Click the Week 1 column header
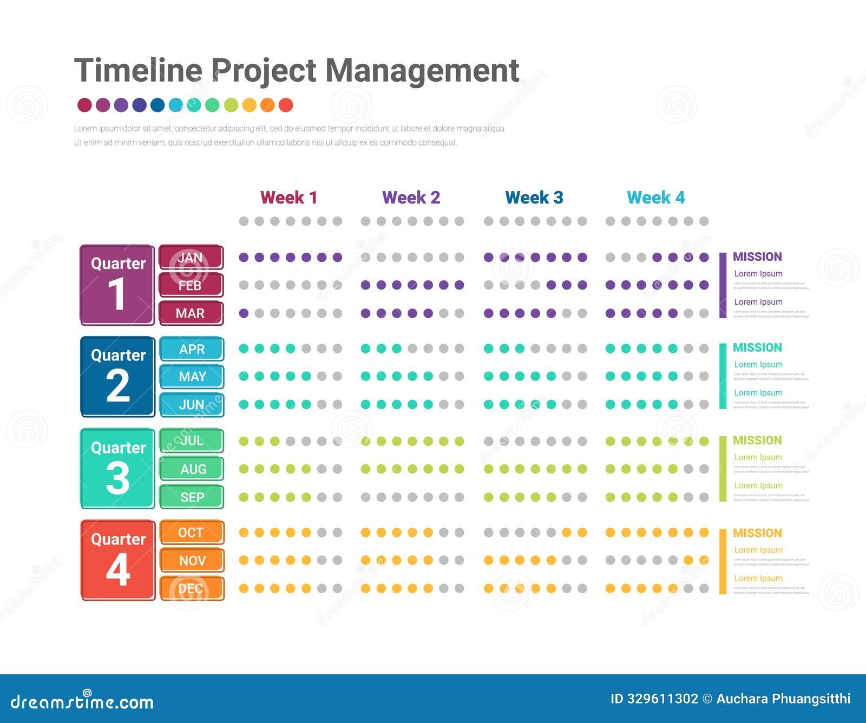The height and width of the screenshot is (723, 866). tap(288, 198)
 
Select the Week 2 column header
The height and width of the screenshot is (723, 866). tap(411, 198)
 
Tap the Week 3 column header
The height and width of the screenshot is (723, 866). tap(534, 198)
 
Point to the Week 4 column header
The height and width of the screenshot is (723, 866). tap(655, 198)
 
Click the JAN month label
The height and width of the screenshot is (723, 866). tap(191, 258)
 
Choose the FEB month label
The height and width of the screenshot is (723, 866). tap(191, 285)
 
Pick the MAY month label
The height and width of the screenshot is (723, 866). tap(192, 377)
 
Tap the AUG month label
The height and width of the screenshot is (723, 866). tap(192, 469)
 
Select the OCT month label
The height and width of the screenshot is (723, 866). tap(192, 533)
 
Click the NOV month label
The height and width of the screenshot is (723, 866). tap(192, 561)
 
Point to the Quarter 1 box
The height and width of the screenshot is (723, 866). tap(117, 285)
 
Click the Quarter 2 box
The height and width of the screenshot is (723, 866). tap(117, 377)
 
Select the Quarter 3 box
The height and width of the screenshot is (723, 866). tap(117, 469)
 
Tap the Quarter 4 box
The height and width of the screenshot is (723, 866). tap(117, 560)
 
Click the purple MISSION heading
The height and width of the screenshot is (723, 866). tap(757, 257)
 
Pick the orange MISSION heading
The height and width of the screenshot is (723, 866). tap(757, 533)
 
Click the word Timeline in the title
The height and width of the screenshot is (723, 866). tap(137, 70)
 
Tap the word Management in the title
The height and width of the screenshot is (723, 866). tap(422, 70)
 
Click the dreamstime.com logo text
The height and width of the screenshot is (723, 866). tap(82, 702)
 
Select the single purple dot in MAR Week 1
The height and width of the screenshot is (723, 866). tap(244, 313)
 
